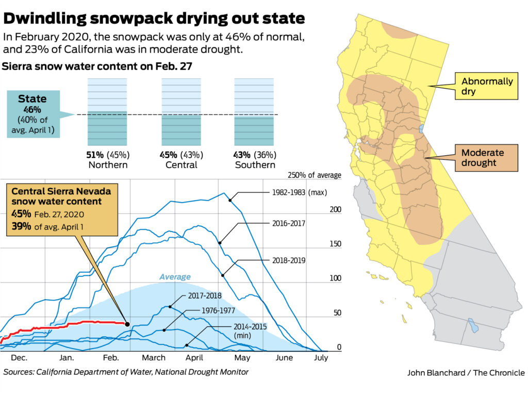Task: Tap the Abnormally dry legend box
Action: point(487,86)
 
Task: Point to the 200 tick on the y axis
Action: point(336,210)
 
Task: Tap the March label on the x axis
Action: point(154,358)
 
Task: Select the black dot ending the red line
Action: point(127,324)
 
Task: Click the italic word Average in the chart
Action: point(175,277)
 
